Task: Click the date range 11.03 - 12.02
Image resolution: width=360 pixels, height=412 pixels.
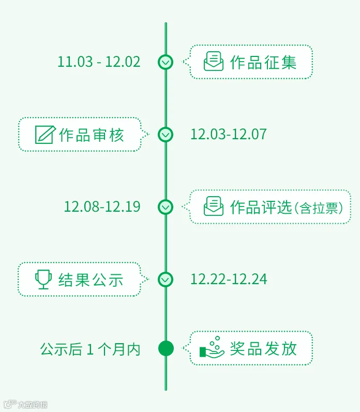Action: point(99,62)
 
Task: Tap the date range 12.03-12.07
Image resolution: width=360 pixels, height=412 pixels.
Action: point(229,135)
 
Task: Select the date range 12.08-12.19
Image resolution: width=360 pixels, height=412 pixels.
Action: point(102,207)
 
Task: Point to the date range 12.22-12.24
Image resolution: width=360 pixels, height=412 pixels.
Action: point(229,279)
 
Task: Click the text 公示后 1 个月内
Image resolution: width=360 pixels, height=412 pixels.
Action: point(91,349)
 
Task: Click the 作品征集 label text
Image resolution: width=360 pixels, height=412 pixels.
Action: point(263,63)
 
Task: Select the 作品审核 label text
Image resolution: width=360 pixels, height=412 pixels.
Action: point(92,135)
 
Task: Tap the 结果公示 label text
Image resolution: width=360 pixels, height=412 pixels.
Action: point(91,280)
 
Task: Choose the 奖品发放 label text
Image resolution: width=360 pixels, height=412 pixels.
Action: point(264,349)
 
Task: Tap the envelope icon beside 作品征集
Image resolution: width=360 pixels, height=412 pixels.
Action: point(214,62)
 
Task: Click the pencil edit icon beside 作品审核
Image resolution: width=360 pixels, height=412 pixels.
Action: point(45,135)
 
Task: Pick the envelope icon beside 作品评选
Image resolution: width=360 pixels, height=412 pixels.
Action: point(214,206)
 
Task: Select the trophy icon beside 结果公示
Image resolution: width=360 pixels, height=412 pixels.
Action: point(44,279)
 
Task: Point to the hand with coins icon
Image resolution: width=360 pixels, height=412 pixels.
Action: point(212,347)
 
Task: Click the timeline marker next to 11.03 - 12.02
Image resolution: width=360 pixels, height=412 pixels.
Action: point(166,62)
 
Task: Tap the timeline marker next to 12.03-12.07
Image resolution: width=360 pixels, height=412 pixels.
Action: point(166,135)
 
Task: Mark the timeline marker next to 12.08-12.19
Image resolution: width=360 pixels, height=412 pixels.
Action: point(166,207)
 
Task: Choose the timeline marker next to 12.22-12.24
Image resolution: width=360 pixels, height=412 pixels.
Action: point(166,279)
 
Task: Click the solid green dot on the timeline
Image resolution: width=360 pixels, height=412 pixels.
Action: point(166,348)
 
